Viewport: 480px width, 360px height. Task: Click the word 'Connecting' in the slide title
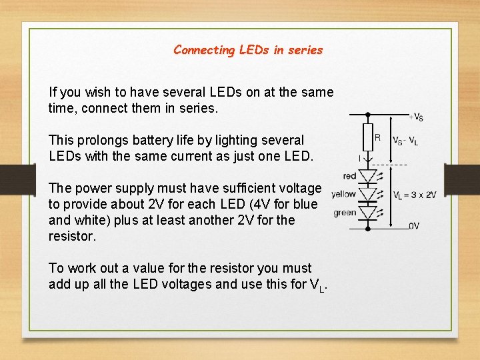coord(205,50)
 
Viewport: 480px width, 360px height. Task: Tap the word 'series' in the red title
coord(307,50)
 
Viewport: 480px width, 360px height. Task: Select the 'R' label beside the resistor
coord(377,138)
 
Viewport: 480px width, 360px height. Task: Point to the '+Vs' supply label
coord(416,117)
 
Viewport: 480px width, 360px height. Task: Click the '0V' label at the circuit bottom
coord(414,225)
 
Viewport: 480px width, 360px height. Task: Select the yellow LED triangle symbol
coord(367,195)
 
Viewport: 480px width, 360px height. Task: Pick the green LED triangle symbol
coord(367,213)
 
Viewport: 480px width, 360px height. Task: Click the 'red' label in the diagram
coord(349,176)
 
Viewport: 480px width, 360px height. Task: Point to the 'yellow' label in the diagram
coord(344,195)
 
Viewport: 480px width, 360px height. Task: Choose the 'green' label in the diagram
coord(345,213)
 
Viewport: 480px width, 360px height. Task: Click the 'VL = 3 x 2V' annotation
coord(415,195)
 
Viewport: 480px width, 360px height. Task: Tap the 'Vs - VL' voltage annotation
coord(405,140)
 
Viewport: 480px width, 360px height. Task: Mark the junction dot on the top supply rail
coord(367,114)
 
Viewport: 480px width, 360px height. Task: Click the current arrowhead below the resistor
coord(367,161)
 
